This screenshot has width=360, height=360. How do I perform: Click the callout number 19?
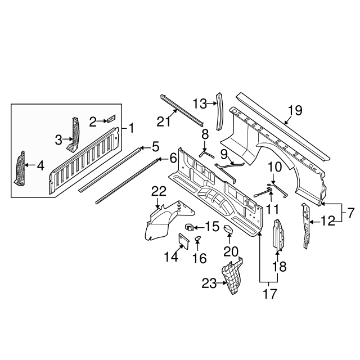pos(295,110)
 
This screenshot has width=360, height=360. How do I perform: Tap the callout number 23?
pos(209,283)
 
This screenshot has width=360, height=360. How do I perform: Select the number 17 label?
pos(270,294)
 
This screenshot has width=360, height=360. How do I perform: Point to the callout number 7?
pos(351,214)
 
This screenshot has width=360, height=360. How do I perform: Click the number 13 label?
pos(200,103)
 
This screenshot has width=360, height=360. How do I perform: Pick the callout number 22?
pos(159,191)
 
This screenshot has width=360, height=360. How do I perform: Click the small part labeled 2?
pos(111,119)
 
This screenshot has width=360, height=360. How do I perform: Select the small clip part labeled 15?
pos(189,227)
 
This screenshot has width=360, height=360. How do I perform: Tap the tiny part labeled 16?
pos(197,238)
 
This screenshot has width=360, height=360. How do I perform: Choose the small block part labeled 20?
pos(228,229)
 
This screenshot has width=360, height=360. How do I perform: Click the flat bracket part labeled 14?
pos(184,241)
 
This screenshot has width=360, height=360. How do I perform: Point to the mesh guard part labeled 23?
pos(232,276)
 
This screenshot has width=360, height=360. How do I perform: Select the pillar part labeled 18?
pos(278,235)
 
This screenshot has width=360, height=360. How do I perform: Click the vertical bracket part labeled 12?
pos(306,225)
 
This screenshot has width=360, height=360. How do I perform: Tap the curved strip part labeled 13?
pos(219,111)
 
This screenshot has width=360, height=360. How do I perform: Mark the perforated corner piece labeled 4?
pos(20,169)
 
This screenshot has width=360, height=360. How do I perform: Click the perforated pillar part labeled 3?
pos(74,134)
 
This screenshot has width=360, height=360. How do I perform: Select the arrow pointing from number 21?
pos(172,115)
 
